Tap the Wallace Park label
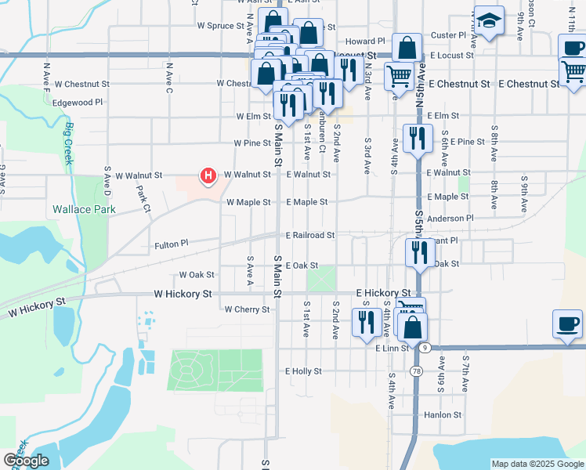pos(84,209)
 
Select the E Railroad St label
pos(309,235)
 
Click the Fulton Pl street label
pos(172,244)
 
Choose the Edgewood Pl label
pos(77,102)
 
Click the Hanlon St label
pos(443,415)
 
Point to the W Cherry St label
pos(247,309)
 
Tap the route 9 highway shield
pos(424,346)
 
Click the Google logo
pos(26,461)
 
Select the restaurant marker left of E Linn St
pos(366,322)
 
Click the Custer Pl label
pos(449,35)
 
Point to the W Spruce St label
pos(221,25)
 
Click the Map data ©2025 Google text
pos(537,464)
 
